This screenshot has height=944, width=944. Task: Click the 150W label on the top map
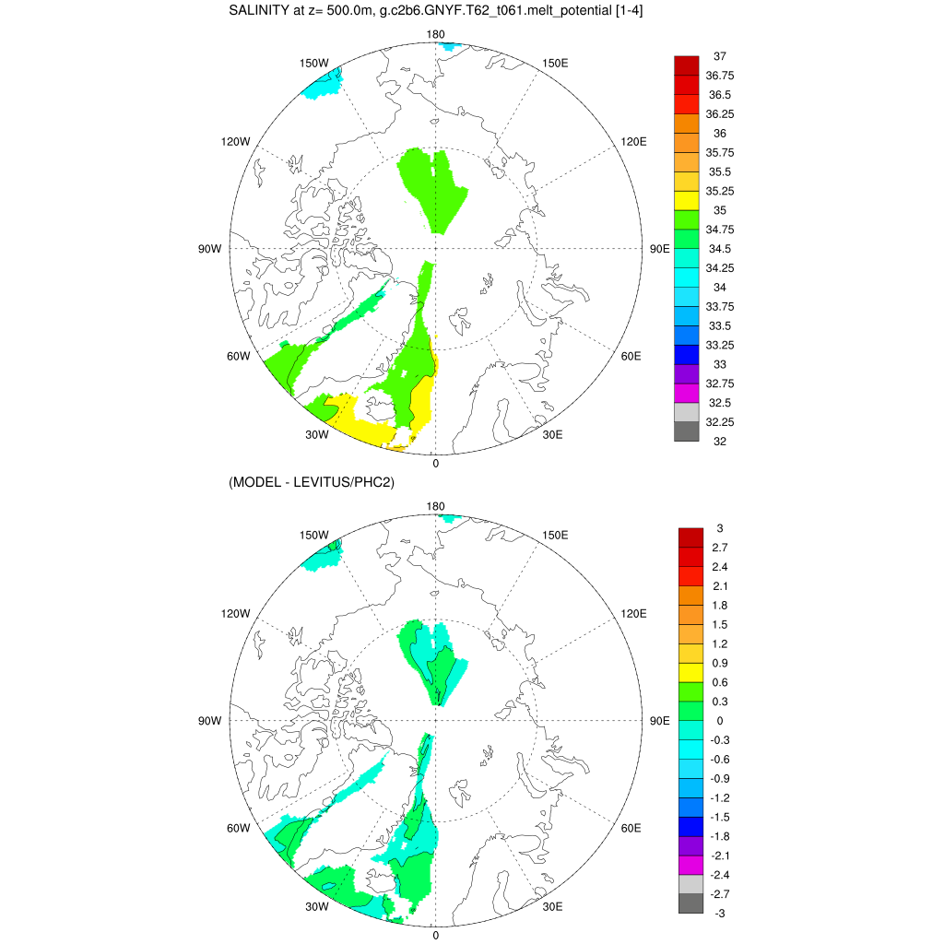[314, 63]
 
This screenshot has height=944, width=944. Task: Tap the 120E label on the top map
[634, 141]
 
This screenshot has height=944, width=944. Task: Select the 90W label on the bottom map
[210, 720]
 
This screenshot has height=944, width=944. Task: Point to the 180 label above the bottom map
[436, 506]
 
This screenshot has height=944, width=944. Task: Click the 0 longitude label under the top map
[436, 464]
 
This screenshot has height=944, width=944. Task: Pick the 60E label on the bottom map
[631, 828]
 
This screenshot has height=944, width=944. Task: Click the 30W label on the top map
[317, 435]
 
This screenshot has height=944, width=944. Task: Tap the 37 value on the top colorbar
[720, 56]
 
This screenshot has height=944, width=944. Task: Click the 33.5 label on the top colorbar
[720, 326]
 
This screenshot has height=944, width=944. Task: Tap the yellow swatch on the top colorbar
[687, 201]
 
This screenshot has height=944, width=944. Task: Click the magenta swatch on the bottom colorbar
[690, 865]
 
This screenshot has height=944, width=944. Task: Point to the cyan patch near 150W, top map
[324, 85]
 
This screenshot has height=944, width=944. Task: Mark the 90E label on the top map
[659, 248]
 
